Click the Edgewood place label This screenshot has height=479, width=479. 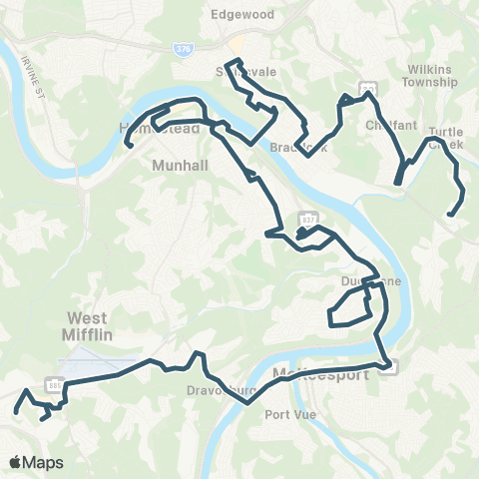pos(237,15)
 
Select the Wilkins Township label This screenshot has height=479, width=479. pos(430,76)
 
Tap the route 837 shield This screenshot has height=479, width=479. pos(307,220)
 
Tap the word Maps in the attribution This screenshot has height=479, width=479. pos(45,463)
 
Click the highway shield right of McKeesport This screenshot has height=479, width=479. pos(391,368)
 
